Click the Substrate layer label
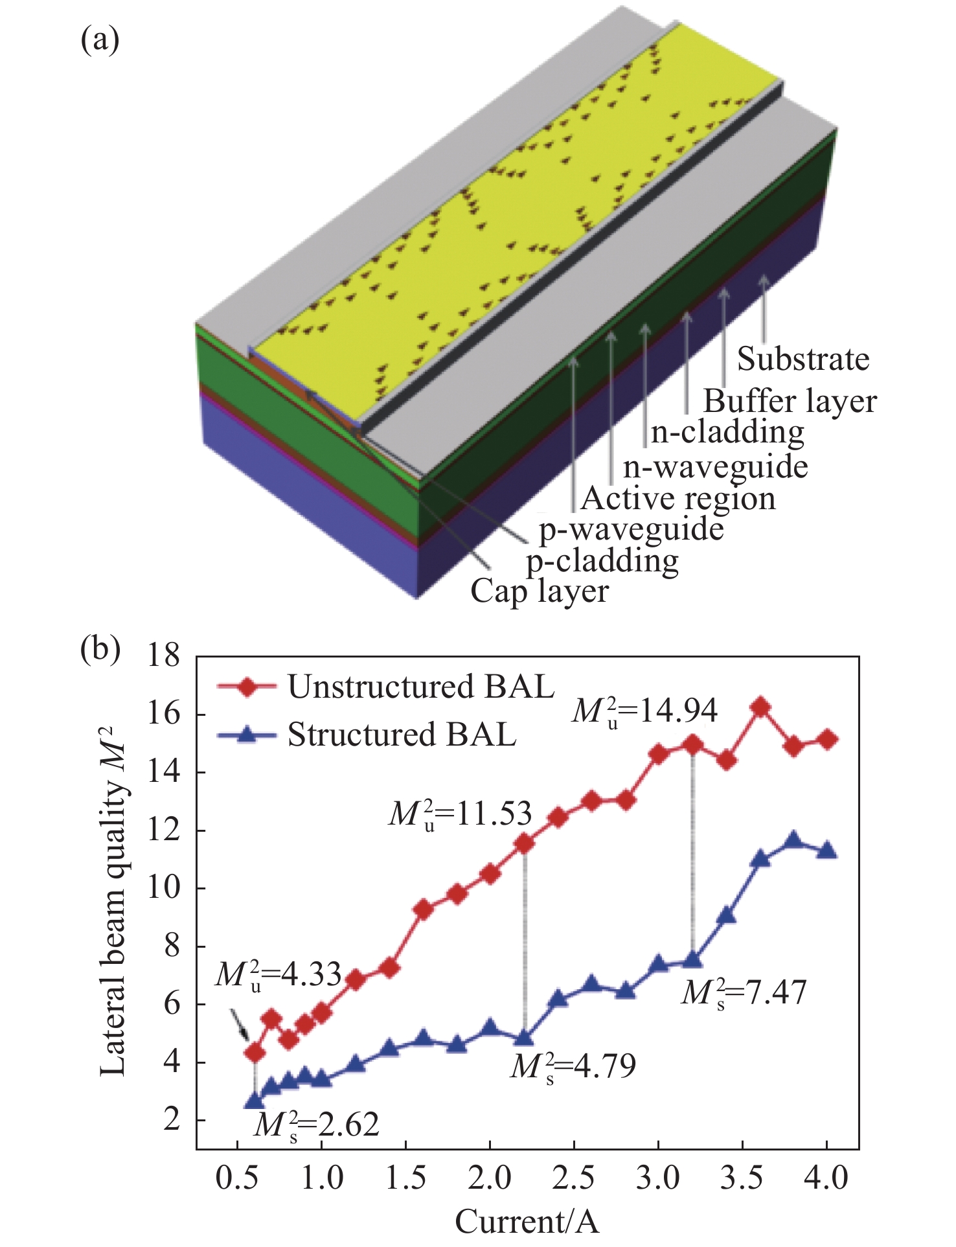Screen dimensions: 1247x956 coord(802,359)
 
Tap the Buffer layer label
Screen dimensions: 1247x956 coord(790,402)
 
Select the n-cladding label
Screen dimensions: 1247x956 coord(727,432)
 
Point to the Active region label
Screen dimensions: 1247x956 coord(678,499)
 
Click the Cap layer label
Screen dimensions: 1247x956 coord(540,591)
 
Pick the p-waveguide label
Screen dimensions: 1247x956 coord(632,530)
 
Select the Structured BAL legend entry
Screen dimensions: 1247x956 coord(402,735)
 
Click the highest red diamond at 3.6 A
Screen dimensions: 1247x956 coord(760,707)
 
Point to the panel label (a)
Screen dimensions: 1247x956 coord(100,40)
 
